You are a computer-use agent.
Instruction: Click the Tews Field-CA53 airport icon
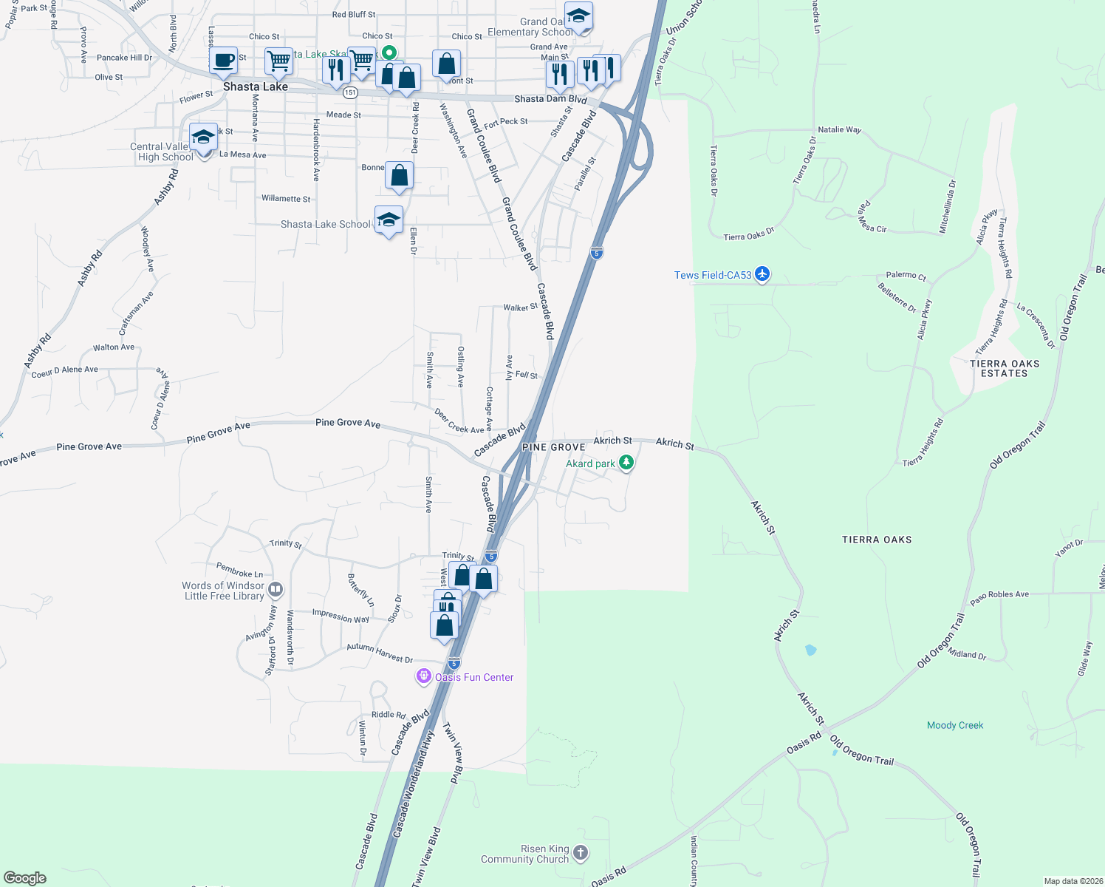click(762, 275)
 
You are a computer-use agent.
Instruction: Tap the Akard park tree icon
click(626, 463)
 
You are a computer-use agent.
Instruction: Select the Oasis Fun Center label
click(473, 677)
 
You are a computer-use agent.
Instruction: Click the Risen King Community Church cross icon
click(581, 853)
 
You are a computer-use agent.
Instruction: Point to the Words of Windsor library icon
click(276, 590)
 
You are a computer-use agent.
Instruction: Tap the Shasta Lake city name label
click(256, 86)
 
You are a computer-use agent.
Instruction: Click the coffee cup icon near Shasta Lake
click(223, 61)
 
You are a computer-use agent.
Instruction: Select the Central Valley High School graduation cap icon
click(203, 137)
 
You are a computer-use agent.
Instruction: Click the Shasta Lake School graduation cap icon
click(389, 220)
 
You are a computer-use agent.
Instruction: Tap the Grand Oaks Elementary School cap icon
click(578, 16)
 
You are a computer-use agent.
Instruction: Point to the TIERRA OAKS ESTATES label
click(1005, 368)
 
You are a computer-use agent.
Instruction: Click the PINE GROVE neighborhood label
click(553, 447)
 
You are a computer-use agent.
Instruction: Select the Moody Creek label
click(955, 725)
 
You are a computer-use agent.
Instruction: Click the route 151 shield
click(350, 93)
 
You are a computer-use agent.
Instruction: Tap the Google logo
click(25, 877)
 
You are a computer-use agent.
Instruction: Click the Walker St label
click(520, 307)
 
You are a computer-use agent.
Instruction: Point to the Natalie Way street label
click(839, 129)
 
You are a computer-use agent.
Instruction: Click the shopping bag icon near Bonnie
click(399, 176)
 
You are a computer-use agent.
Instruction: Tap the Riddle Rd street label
click(389, 714)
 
